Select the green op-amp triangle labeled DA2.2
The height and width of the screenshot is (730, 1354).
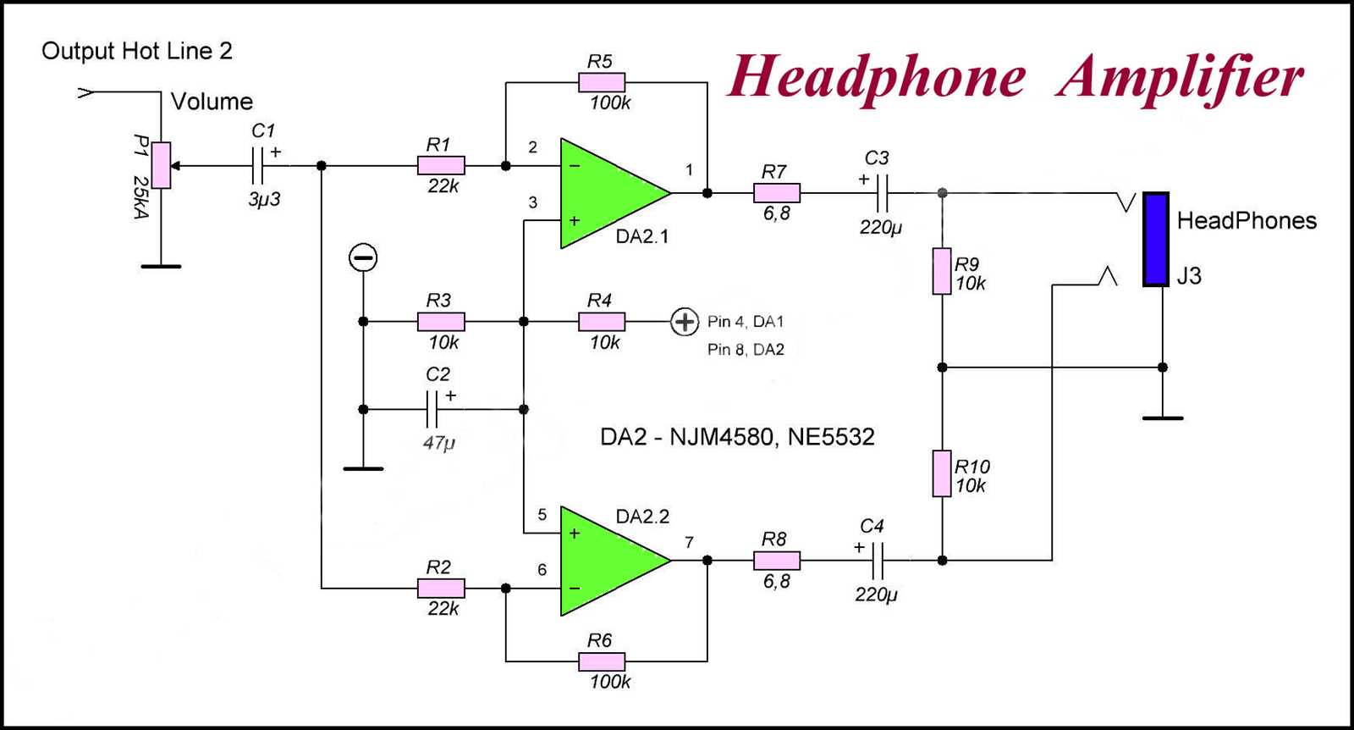605,561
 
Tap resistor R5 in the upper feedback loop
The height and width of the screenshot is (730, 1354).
602,82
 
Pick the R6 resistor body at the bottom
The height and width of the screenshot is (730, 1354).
602,661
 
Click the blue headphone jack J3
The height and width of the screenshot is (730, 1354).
1155,240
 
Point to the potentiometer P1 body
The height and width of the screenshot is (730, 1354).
161,165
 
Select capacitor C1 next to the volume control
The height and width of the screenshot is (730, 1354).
258,166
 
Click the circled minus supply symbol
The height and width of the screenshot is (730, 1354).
363,257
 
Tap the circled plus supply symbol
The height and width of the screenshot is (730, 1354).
684,322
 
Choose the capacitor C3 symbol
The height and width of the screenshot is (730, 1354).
882,193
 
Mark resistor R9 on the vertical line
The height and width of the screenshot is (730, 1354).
942,271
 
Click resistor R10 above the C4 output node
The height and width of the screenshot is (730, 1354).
942,473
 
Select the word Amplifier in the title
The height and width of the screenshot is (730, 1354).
1181,78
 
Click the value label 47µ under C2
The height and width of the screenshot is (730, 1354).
439,442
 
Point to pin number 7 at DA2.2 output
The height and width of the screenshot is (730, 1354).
689,543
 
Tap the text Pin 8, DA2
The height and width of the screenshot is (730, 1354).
746,350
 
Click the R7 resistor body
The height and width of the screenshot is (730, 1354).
776,193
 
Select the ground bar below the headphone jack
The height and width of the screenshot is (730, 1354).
1163,418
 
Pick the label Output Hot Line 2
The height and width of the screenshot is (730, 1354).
136,51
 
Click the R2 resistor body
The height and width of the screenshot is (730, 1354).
441,588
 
